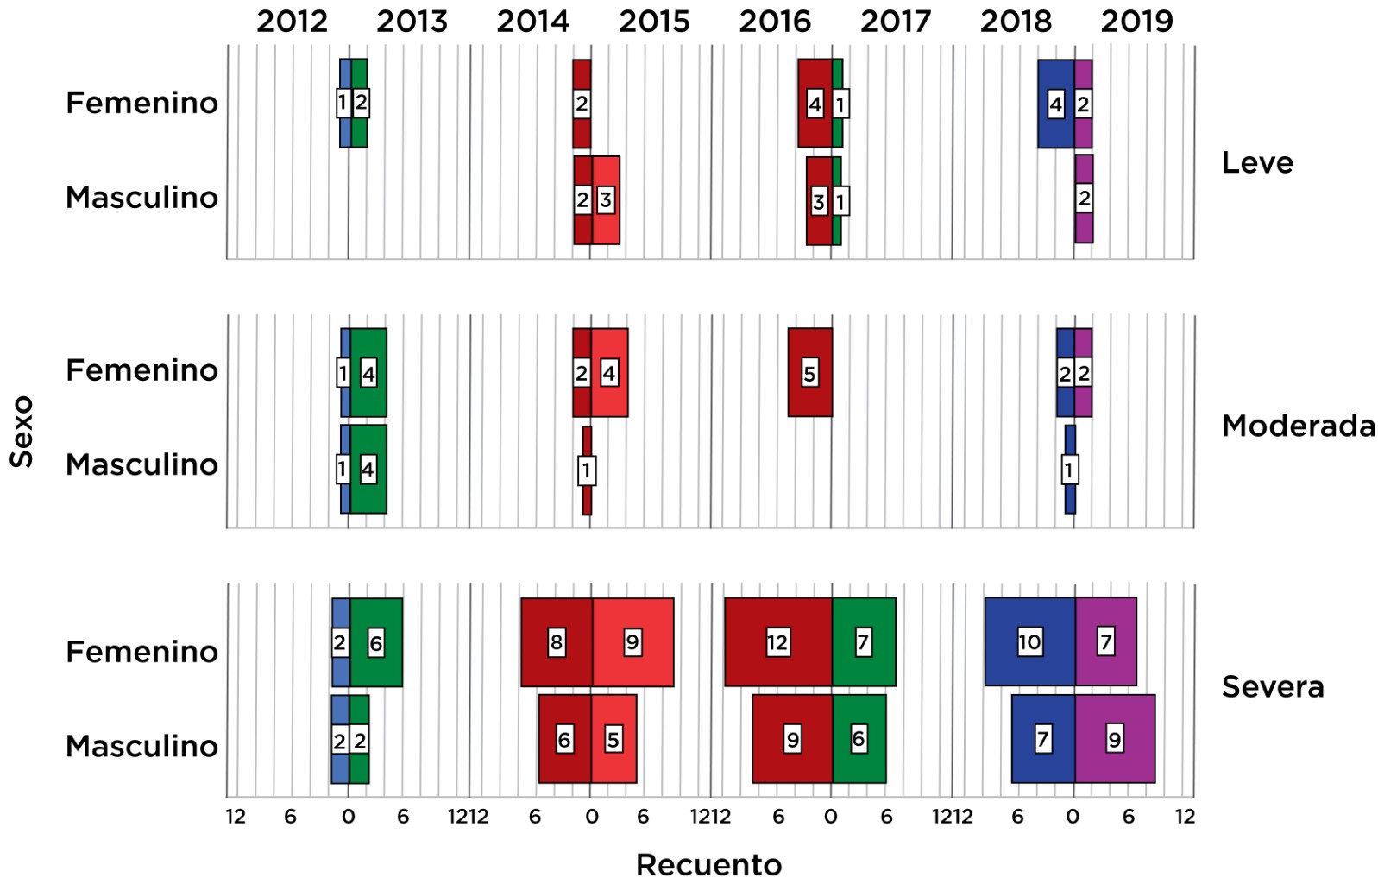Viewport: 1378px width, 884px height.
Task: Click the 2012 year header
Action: coord(292,22)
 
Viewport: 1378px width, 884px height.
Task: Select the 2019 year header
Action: coord(1136,22)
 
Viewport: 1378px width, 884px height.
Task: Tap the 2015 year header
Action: coord(654,22)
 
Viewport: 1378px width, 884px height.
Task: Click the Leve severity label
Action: coord(1257,162)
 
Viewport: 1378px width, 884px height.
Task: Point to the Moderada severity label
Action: coord(1298,426)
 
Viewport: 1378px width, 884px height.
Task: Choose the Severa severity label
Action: coord(1272,687)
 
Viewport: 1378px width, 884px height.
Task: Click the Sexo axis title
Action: coord(22,432)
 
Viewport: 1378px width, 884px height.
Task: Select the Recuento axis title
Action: coord(708,864)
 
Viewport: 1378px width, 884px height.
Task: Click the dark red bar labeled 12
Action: coord(751,642)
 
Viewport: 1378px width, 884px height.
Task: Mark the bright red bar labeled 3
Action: coord(613,200)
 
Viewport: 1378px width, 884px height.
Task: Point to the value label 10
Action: coord(1029,642)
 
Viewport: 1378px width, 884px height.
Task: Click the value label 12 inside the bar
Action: coord(777,642)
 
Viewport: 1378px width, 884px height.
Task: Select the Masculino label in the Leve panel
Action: coord(142,198)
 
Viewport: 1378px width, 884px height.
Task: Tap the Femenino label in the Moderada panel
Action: coord(142,370)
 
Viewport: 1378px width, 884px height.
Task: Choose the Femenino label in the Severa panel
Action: coord(142,652)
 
